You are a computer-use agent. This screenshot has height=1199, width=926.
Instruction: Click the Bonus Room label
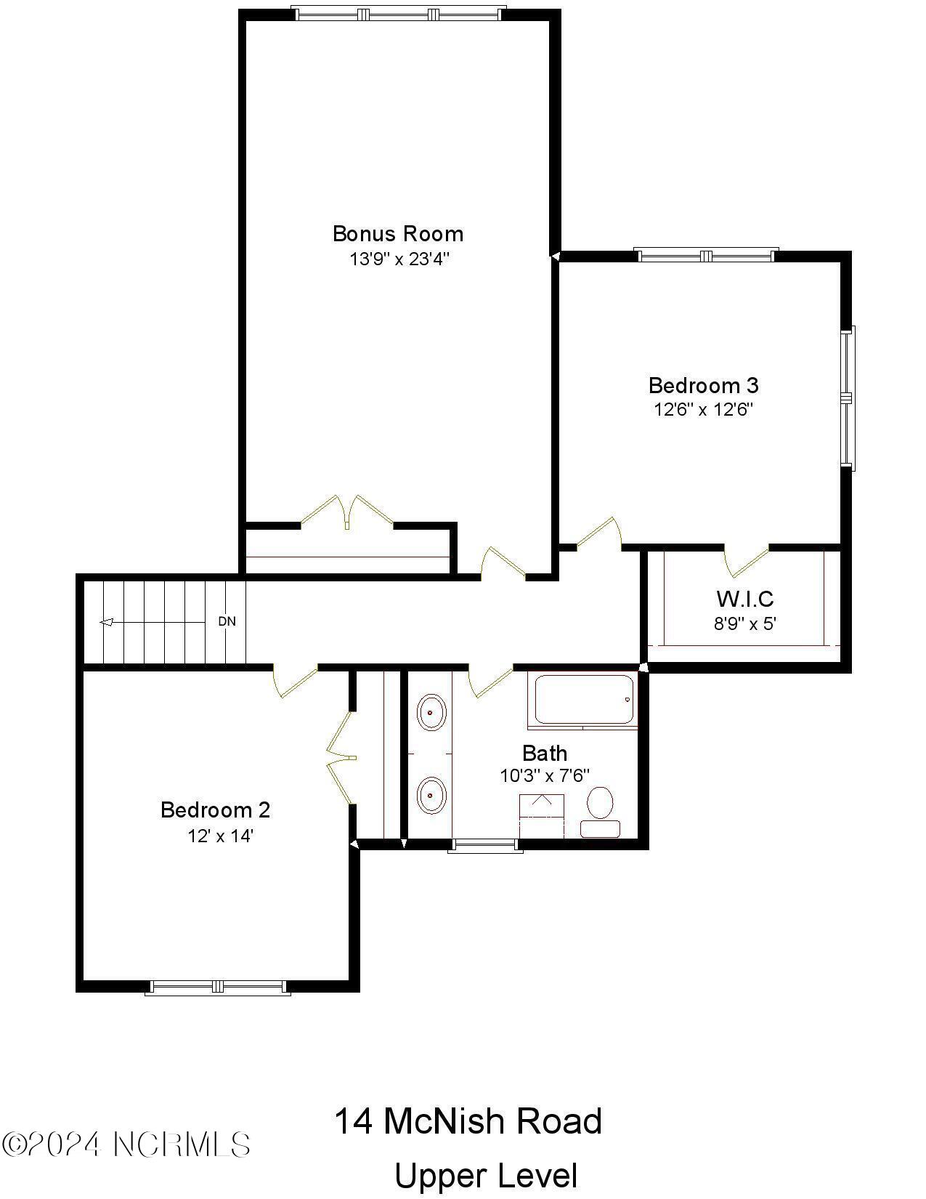[397, 233]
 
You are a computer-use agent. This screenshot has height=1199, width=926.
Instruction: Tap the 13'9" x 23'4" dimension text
[399, 259]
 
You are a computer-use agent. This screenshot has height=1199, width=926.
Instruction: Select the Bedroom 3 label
[703, 384]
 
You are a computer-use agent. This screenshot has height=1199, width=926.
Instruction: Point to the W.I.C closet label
[744, 599]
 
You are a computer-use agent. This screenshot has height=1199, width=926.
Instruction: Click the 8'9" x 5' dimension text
[745, 623]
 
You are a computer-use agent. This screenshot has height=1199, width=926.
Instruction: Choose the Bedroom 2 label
[215, 810]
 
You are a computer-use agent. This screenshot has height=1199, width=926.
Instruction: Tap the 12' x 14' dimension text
[220, 836]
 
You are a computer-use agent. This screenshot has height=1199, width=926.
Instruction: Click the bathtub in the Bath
[584, 699]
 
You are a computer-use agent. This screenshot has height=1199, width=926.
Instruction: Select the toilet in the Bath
[600, 812]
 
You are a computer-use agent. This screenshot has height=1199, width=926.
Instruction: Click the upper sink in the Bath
[431, 712]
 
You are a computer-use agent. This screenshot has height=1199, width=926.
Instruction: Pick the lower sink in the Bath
[431, 795]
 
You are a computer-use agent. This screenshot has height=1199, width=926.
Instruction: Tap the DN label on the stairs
[227, 621]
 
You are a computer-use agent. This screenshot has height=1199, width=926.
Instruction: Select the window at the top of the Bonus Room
[398, 14]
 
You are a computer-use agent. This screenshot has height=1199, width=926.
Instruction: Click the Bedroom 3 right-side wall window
[847, 397]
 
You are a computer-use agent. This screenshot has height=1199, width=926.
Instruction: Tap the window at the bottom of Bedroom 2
[217, 987]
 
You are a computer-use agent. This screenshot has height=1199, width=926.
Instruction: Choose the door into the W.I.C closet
[747, 559]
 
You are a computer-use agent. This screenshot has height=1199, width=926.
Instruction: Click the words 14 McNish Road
[468, 1121]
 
